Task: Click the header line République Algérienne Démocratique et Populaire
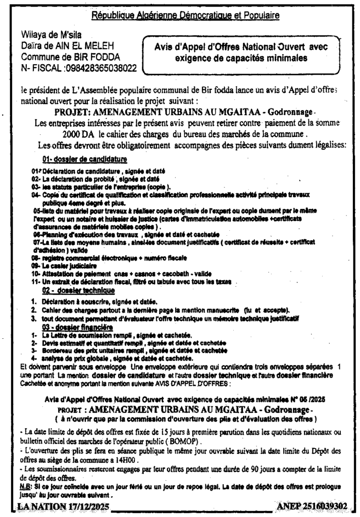(x=185, y=16)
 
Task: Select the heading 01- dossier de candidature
(x=84, y=160)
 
